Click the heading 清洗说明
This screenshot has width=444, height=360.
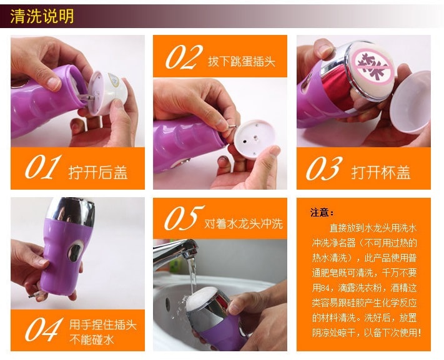42,16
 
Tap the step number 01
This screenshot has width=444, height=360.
43,167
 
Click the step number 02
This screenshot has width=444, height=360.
184,57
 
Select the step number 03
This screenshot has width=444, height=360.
324,168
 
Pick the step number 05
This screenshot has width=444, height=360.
184,218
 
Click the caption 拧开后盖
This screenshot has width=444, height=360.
97,172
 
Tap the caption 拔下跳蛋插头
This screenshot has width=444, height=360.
242,61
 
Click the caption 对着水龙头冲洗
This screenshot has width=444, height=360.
244,223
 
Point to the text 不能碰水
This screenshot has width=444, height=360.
92,339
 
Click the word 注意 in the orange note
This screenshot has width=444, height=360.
320,212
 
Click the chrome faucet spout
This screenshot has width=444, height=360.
175,252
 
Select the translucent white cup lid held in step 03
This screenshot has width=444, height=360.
411,102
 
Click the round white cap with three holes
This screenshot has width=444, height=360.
254,139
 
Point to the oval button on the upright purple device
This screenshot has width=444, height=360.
75,251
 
